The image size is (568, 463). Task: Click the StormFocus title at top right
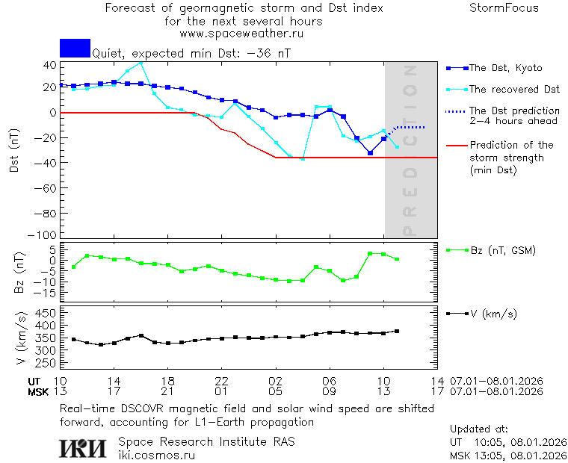point(504,8)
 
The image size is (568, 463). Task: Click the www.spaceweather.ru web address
point(241,34)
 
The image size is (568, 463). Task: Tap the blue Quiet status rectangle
point(75,48)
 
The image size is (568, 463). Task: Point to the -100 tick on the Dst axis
point(45,234)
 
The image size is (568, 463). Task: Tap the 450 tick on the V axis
point(45,312)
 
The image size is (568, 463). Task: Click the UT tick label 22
point(222,381)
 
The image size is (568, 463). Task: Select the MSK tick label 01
point(222,391)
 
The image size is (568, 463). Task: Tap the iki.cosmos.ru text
point(157,454)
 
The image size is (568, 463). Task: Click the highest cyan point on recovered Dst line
point(141,63)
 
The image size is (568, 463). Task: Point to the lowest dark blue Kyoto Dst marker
point(370,152)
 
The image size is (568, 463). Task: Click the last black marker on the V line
point(397,331)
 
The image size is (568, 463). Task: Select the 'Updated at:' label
point(479,429)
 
